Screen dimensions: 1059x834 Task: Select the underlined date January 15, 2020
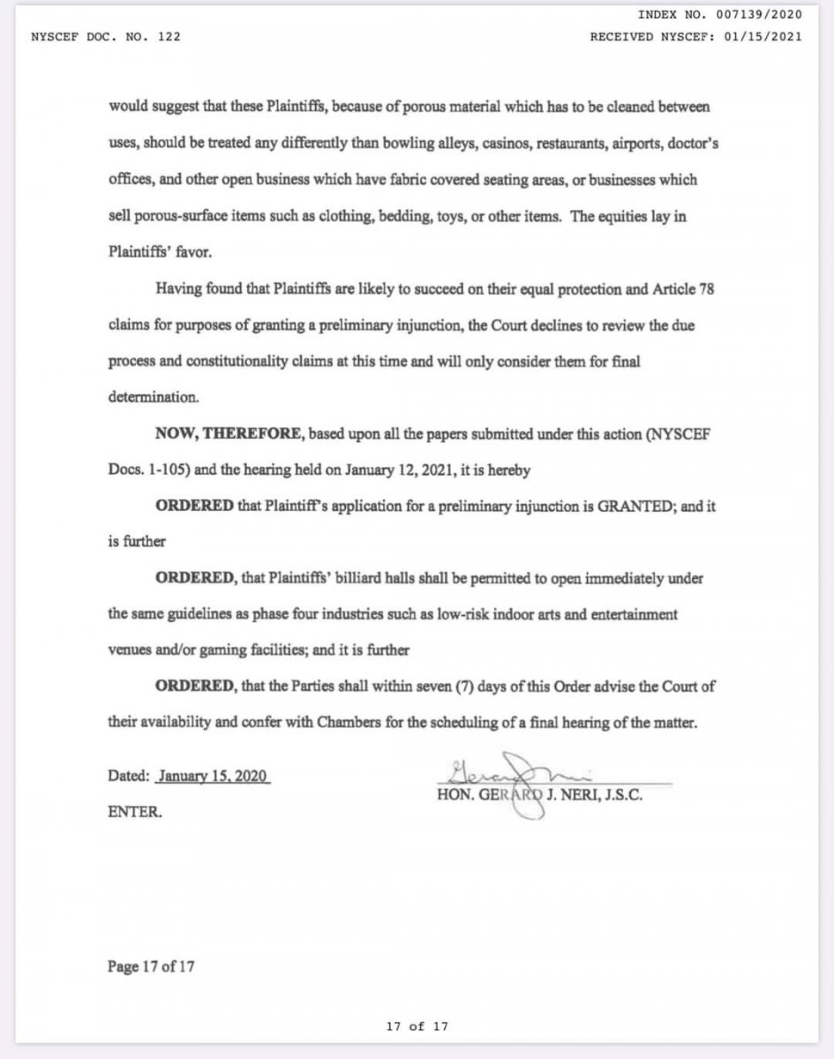pyautogui.click(x=213, y=777)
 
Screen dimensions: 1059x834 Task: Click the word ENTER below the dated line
pyautogui.click(x=134, y=812)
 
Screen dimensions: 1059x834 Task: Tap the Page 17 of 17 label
pyautogui.click(x=151, y=965)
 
